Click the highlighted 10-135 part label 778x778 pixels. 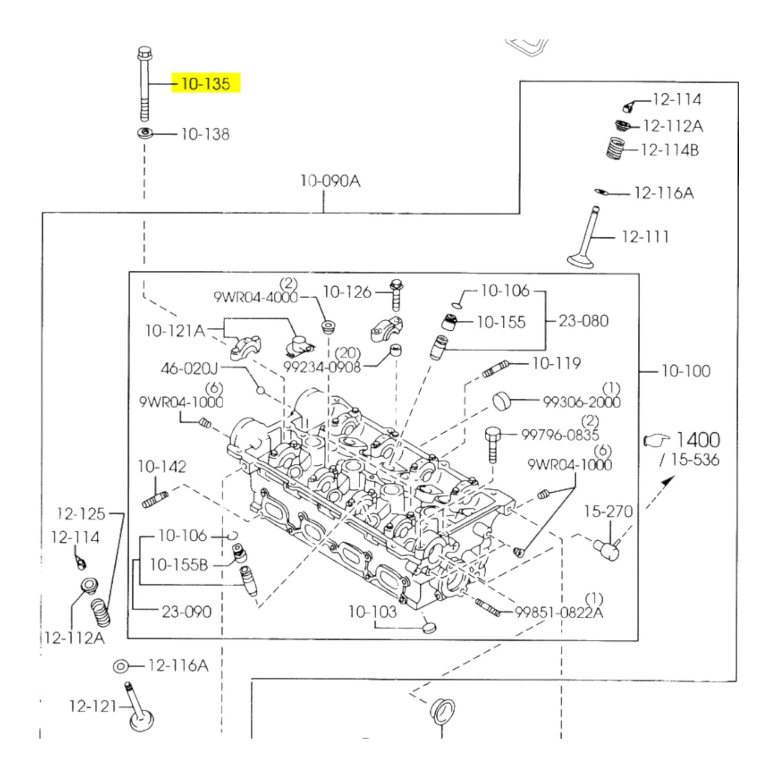pyautogui.click(x=206, y=84)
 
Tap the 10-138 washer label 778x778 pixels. pyautogui.click(x=205, y=134)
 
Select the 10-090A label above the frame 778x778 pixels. pyautogui.click(x=330, y=181)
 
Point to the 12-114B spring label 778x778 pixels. pyautogui.click(x=670, y=150)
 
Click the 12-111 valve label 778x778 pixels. pyautogui.click(x=645, y=237)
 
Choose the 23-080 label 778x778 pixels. pyautogui.click(x=583, y=321)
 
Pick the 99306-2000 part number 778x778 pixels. pyautogui.click(x=582, y=402)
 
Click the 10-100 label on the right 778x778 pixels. pyautogui.click(x=686, y=371)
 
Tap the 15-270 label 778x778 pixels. pyautogui.click(x=608, y=511)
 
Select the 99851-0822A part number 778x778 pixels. pyautogui.click(x=559, y=612)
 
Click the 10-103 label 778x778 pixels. pyautogui.click(x=372, y=611)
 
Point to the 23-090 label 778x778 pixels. pyautogui.click(x=186, y=611)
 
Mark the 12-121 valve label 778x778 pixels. pyautogui.click(x=93, y=706)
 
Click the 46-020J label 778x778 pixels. pyautogui.click(x=190, y=368)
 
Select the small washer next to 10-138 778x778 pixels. pyautogui.click(x=144, y=133)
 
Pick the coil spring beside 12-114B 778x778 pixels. pyautogui.click(x=616, y=148)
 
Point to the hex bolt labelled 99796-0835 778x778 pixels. pyautogui.click(x=492, y=443)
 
